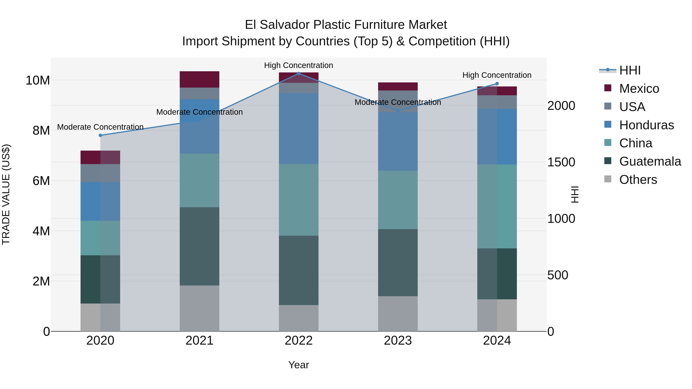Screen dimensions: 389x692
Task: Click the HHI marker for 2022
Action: click(299, 74)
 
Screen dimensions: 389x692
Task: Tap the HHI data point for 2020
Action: click(100, 135)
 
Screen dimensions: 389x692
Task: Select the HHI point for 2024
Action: click(497, 84)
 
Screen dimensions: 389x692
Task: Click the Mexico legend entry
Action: click(639, 89)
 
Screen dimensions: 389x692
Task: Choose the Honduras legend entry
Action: click(646, 125)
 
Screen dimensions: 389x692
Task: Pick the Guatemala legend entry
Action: click(650, 161)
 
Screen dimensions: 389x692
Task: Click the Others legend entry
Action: click(638, 180)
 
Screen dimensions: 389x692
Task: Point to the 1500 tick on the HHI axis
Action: click(561, 162)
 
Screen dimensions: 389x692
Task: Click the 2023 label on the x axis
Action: click(398, 341)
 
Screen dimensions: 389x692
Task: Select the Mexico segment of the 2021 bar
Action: click(199, 80)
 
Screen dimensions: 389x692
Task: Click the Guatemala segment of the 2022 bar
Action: click(299, 270)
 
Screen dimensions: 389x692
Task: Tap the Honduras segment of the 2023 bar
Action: click(398, 141)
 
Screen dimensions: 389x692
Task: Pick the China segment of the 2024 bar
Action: click(497, 206)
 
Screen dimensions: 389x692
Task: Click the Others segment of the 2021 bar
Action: click(199, 308)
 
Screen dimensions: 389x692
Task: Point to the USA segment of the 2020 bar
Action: click(100, 173)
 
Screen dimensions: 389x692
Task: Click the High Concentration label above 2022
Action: click(299, 65)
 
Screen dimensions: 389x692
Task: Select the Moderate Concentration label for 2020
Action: click(100, 127)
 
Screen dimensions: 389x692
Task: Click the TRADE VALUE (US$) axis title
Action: click(6, 194)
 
